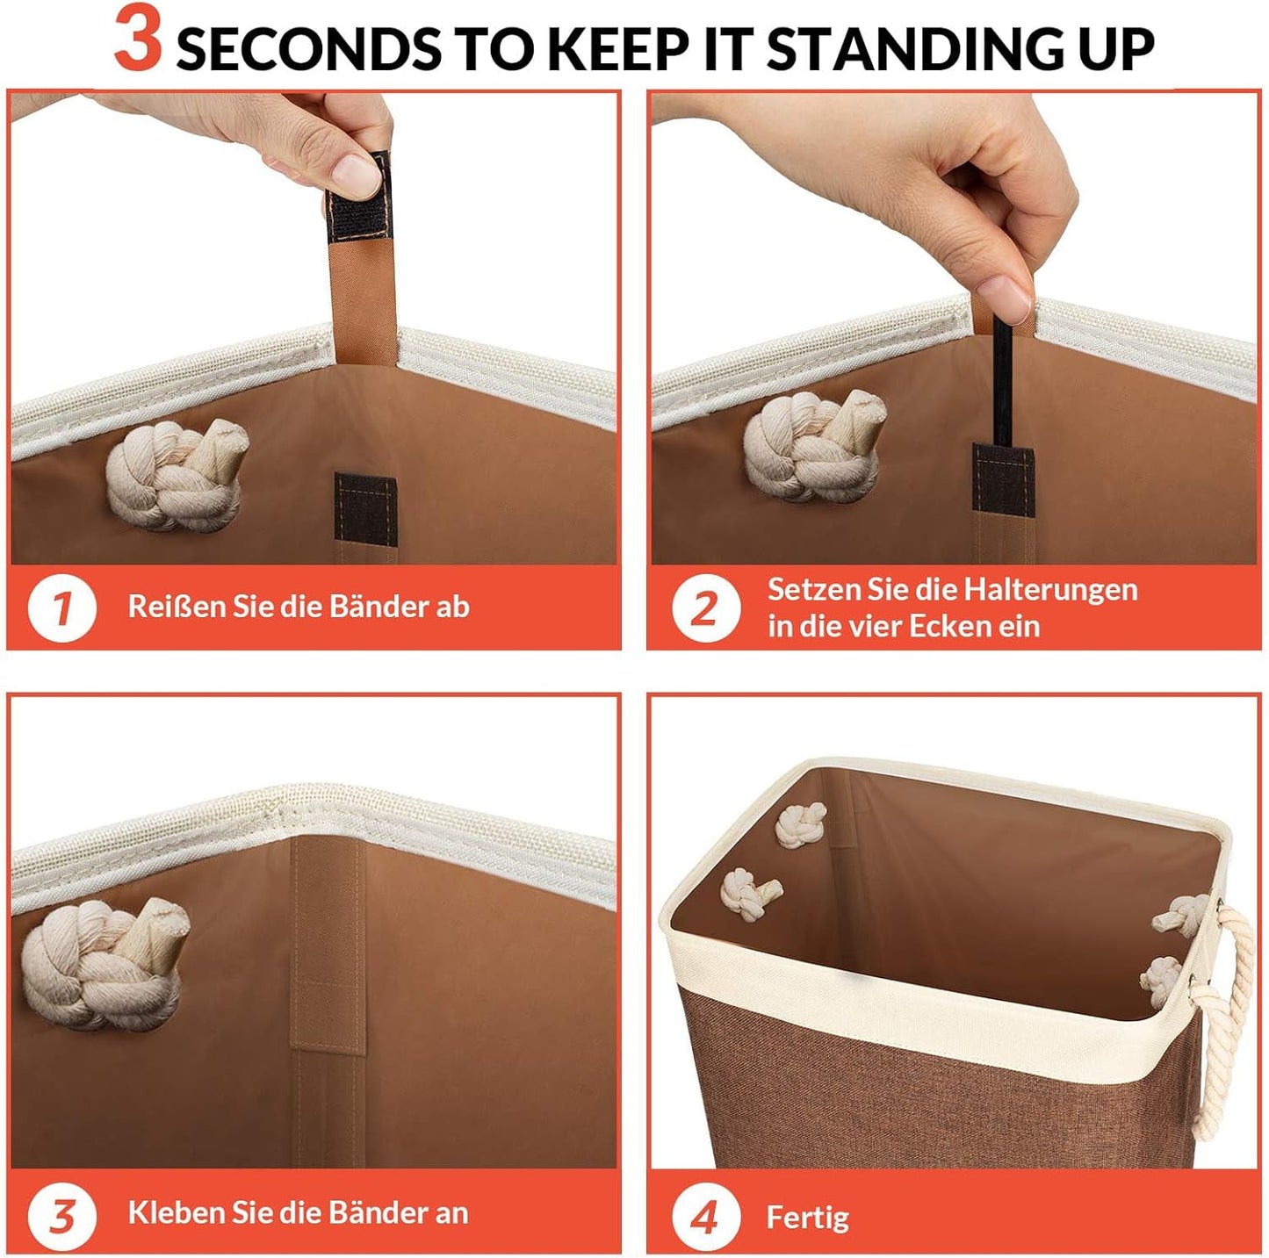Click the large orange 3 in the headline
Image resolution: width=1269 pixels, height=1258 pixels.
tap(138, 38)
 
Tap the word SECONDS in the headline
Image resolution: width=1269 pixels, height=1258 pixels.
tap(309, 49)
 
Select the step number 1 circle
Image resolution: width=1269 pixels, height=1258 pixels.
tap(61, 607)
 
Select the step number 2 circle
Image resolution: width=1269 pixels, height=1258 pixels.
tap(706, 607)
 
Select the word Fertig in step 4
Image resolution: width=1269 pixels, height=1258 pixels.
tap(807, 1218)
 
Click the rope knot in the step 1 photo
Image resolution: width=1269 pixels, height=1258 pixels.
tap(177, 474)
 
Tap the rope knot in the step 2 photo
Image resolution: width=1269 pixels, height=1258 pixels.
tap(815, 445)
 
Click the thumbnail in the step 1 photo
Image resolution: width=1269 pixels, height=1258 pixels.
tap(357, 176)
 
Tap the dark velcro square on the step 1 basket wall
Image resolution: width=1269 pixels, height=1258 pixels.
tap(365, 509)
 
